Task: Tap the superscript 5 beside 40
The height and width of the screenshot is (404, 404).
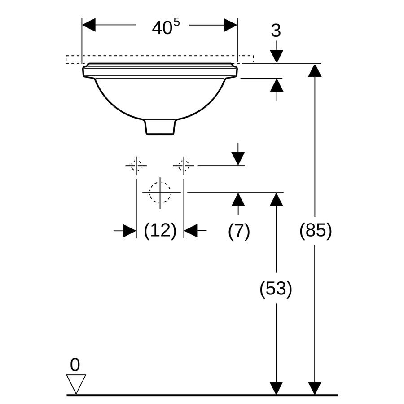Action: click(x=176, y=23)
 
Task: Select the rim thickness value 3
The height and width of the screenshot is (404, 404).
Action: click(x=276, y=31)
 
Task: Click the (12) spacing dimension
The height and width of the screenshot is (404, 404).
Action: click(x=160, y=231)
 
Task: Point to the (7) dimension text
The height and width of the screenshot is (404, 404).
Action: click(x=239, y=231)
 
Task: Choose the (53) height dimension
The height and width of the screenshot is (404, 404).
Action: click(x=276, y=289)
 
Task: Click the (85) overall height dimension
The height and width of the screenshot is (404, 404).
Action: click(x=316, y=230)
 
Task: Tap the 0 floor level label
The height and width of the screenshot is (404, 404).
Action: click(x=75, y=364)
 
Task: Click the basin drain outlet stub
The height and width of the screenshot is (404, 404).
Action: click(x=160, y=127)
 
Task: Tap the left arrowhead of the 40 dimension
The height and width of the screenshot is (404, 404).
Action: click(x=88, y=25)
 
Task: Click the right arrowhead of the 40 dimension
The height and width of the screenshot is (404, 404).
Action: click(x=231, y=25)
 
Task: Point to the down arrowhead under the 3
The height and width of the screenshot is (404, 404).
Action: click(x=277, y=56)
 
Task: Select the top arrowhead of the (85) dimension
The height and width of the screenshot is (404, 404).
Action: click(x=315, y=70)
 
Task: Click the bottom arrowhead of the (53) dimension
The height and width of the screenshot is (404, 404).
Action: click(x=277, y=388)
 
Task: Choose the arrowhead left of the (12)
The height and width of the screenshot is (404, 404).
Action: click(x=129, y=231)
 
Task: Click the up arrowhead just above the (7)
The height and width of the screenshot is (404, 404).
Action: click(x=238, y=199)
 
